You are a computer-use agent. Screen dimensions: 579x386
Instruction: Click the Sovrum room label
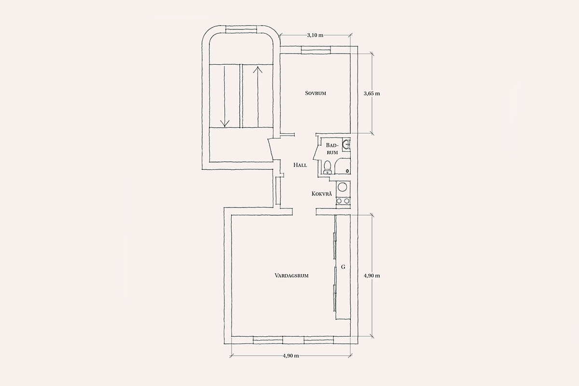(x=316, y=93)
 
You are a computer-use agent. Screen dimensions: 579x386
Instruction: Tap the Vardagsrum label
(x=291, y=276)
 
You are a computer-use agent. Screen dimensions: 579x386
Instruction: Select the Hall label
(x=300, y=165)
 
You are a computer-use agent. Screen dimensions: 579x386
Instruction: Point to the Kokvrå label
(x=321, y=193)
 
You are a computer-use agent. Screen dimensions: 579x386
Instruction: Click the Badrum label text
(x=332, y=149)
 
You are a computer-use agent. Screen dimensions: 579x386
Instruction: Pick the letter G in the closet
(x=343, y=267)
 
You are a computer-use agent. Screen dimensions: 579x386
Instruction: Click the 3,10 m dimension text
(x=315, y=35)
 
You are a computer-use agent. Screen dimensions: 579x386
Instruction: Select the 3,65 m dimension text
(x=372, y=94)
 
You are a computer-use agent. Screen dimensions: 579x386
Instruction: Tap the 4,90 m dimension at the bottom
(x=291, y=356)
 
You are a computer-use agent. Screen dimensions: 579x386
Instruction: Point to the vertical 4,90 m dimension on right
(x=372, y=276)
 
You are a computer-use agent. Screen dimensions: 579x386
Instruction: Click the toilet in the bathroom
(x=328, y=167)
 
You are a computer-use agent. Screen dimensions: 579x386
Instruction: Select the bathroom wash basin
(x=346, y=145)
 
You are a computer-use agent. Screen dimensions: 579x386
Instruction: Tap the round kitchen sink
(x=343, y=187)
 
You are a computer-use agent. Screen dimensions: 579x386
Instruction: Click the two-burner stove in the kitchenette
(x=343, y=201)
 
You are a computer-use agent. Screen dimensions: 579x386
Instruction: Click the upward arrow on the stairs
(x=258, y=97)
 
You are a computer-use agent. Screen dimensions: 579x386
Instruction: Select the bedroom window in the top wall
(x=316, y=50)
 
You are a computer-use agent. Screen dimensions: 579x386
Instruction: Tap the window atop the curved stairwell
(x=241, y=29)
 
